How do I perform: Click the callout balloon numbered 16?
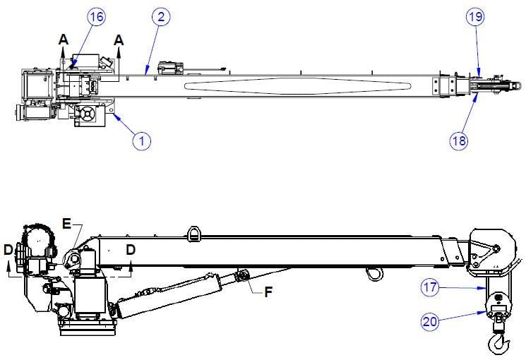97,17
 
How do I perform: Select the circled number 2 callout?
161,17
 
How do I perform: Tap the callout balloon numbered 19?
475,17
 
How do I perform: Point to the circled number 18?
458,140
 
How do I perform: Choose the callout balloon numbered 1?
142,141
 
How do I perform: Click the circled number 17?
430,287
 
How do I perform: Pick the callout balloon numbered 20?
430,322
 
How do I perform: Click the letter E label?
67,224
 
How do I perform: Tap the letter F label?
268,292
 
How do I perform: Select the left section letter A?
64,40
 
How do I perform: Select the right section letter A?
119,40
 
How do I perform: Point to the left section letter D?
8,250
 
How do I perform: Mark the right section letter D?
131,250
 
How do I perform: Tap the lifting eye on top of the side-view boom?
194,234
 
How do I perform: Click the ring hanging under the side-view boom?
374,274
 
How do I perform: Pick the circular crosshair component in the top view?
88,114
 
